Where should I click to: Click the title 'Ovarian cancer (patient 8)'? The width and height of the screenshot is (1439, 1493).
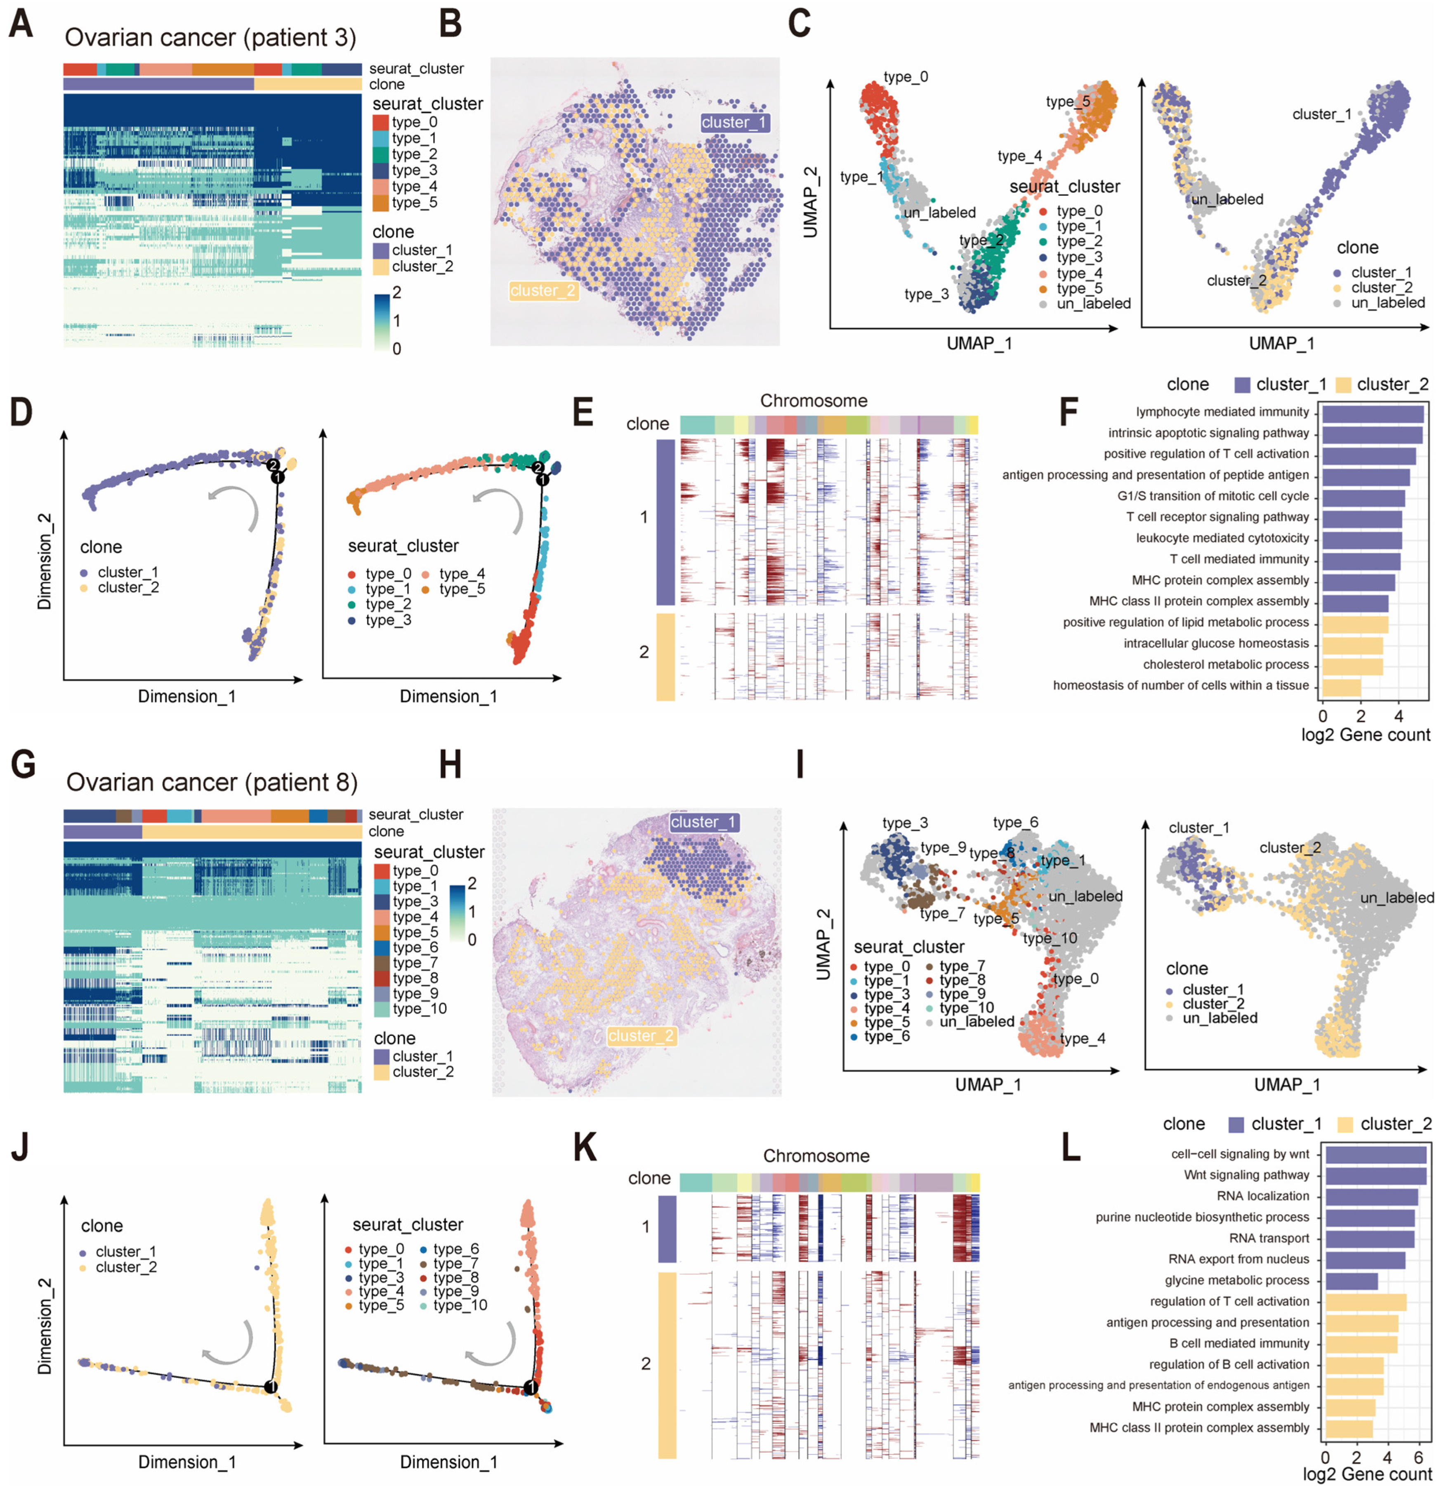(212, 782)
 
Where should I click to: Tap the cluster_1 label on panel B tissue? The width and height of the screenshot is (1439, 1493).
(735, 123)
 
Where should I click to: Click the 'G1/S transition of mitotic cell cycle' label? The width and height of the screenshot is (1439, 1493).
(1213, 496)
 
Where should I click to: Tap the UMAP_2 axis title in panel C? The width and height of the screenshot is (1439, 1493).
(811, 203)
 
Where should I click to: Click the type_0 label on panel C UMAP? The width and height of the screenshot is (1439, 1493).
(906, 77)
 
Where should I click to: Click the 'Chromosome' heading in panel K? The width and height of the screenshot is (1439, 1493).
(816, 1156)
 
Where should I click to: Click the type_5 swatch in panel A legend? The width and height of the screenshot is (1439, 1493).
(381, 203)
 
